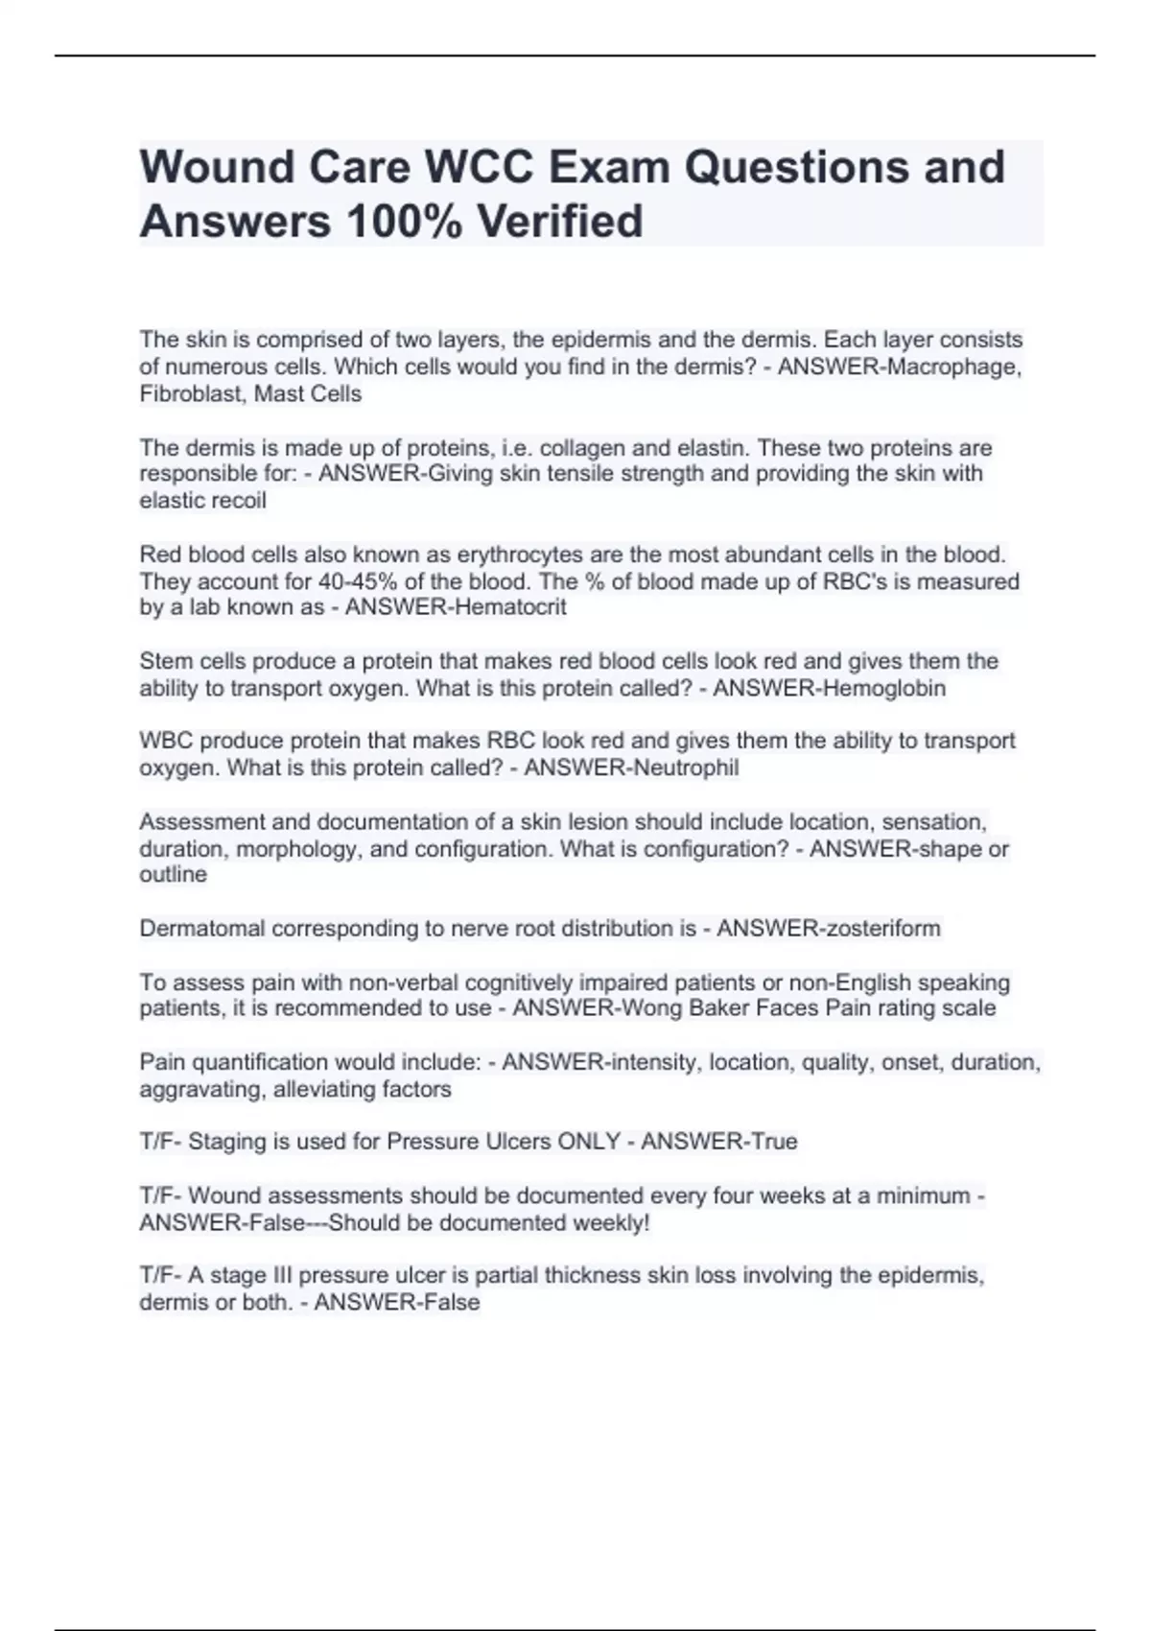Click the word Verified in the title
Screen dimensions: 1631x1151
[560, 221]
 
